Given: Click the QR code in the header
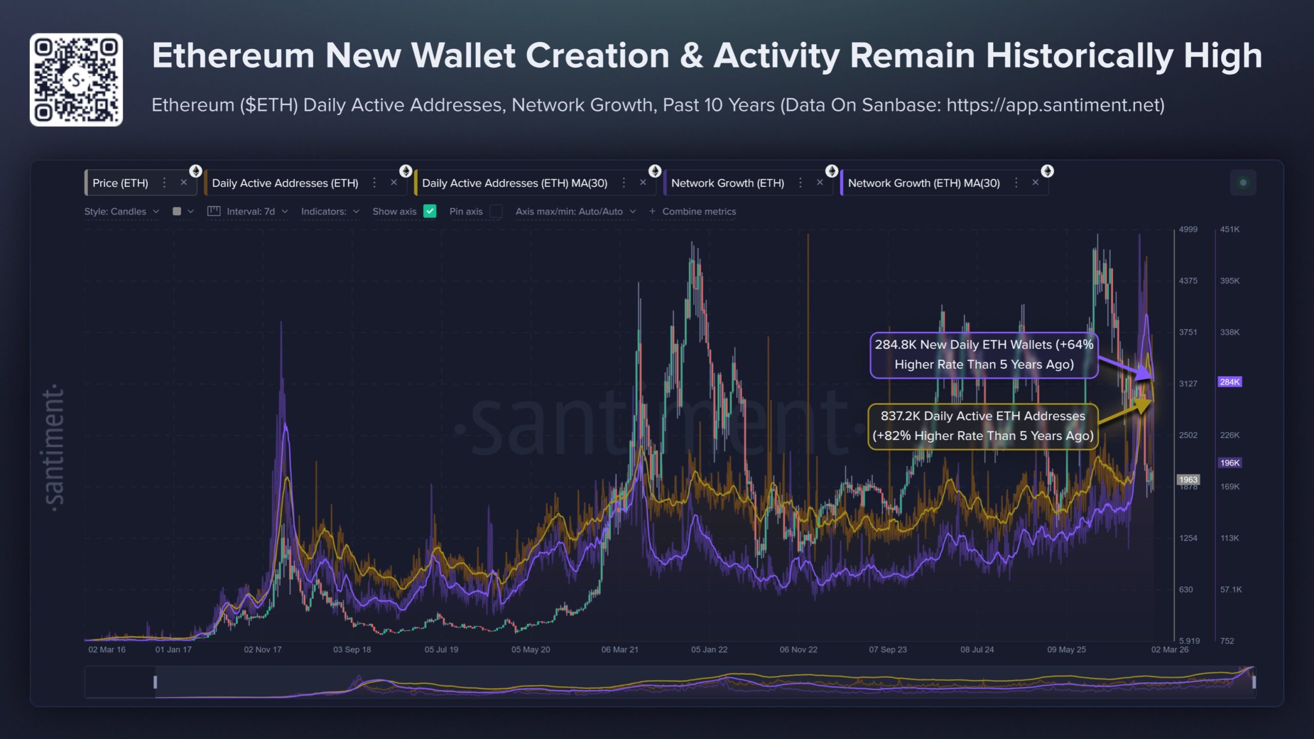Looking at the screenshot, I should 76,80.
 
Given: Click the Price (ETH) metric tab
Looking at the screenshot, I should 120,183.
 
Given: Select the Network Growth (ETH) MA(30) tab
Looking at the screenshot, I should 923,183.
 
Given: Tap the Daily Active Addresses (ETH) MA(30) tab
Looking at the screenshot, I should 514,183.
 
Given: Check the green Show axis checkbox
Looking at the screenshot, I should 430,211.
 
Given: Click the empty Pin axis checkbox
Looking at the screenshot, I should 495,211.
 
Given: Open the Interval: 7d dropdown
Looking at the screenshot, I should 256,211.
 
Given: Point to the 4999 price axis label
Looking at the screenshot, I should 1188,229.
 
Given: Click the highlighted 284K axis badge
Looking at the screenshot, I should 1229,382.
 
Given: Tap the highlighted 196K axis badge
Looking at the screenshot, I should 1229,463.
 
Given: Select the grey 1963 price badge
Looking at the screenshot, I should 1188,479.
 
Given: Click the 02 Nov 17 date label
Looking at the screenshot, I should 262,650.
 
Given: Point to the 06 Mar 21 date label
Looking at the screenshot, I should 620,650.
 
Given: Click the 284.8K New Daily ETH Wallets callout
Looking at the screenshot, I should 983,354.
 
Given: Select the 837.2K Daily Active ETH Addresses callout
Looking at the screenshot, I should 982,426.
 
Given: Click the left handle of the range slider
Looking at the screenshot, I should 155,682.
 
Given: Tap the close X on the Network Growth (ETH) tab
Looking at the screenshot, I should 820,182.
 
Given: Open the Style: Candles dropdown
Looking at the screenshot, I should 121,211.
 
